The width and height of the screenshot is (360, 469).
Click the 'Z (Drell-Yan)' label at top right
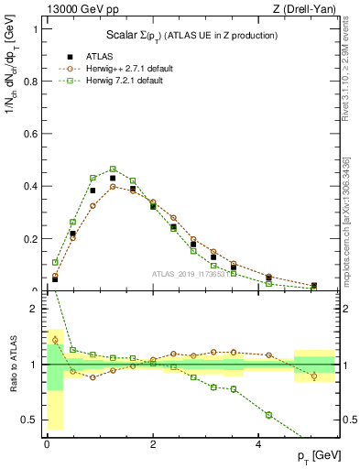303,8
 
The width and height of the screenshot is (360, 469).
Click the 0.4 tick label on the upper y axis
30,186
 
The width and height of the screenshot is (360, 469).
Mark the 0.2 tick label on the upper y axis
30,238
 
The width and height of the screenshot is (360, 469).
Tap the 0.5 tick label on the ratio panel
30,420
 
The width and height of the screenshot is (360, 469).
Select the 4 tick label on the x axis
258,444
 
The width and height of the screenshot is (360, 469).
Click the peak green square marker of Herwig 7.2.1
113,169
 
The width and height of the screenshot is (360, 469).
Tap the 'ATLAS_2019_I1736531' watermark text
190,274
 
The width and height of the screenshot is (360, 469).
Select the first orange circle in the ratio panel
55,340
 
